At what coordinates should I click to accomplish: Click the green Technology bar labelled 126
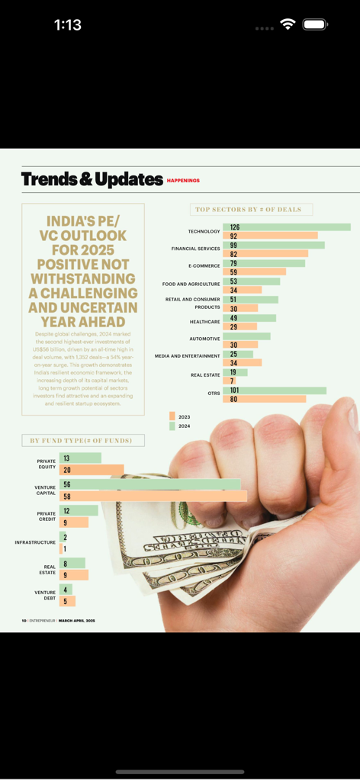(x=287, y=227)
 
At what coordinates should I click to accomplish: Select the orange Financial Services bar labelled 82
(x=265, y=254)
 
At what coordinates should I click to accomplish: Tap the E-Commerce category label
(x=204, y=266)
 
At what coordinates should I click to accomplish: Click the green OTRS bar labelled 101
(x=275, y=390)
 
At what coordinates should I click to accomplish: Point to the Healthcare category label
(x=204, y=322)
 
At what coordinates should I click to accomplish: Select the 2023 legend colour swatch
(x=172, y=416)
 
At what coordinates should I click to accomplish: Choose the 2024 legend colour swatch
(x=172, y=426)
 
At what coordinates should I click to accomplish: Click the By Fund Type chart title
(x=82, y=441)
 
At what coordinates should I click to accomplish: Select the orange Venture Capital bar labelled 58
(x=153, y=497)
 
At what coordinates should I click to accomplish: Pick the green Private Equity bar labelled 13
(x=80, y=458)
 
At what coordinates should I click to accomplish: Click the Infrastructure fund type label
(x=35, y=542)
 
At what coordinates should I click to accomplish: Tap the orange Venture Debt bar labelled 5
(x=67, y=601)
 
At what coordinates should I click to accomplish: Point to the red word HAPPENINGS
(x=183, y=181)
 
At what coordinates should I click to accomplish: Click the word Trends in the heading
(x=50, y=179)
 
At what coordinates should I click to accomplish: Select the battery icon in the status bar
(x=314, y=24)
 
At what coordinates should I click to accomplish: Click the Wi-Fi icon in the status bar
(x=288, y=24)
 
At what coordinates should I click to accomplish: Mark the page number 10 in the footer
(x=24, y=621)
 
